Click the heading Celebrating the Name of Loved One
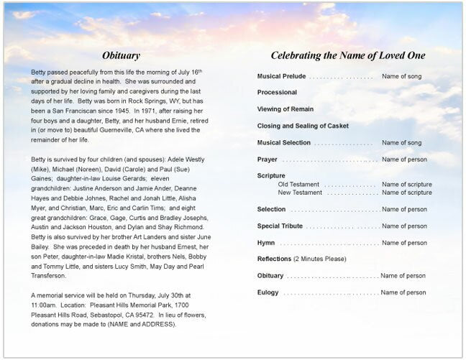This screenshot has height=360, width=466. point(347,55)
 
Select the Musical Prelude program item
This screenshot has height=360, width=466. point(282,76)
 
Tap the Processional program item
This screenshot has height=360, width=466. point(277,93)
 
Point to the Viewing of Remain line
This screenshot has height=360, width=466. point(285,109)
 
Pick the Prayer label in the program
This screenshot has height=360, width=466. point(267,160)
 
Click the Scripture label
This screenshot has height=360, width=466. point(271,176)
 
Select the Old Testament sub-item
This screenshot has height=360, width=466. point(298,185)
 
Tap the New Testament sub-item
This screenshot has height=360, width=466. point(300,193)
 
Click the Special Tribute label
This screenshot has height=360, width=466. point(279,226)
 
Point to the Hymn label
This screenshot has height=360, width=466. point(266,243)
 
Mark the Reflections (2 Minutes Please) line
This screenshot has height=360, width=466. point(301,259)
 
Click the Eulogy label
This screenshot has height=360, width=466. point(268,292)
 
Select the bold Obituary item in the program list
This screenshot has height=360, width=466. point(270,276)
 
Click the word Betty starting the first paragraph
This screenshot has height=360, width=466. point(40,73)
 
